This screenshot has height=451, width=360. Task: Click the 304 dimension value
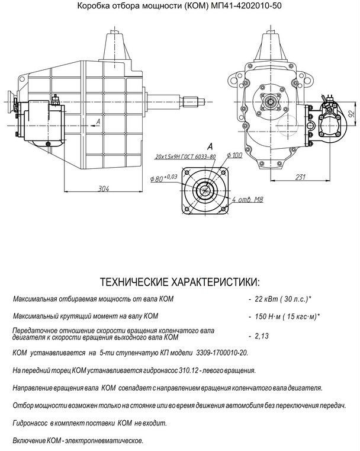pyautogui.click(x=104, y=188)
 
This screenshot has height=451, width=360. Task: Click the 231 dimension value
pyautogui.click(x=300, y=177)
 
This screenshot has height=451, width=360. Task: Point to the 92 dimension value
pyautogui.click(x=351, y=113)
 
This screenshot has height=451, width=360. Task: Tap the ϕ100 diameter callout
pyautogui.click(x=234, y=155)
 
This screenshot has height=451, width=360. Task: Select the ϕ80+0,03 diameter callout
pyautogui.click(x=163, y=178)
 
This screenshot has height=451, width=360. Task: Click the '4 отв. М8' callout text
pyautogui.click(x=247, y=199)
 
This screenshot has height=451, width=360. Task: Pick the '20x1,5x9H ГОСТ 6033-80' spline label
pyautogui.click(x=185, y=156)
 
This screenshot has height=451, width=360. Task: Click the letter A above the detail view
pyautogui.click(x=210, y=146)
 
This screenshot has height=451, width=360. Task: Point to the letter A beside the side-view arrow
pyautogui.click(x=98, y=121)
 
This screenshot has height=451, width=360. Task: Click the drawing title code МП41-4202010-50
pyautogui.click(x=246, y=5)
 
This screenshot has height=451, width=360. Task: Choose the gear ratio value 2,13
pyautogui.click(x=262, y=336)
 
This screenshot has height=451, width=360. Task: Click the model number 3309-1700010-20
pyautogui.click(x=221, y=353)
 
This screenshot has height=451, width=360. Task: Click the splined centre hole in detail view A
pyautogui.click(x=205, y=190)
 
